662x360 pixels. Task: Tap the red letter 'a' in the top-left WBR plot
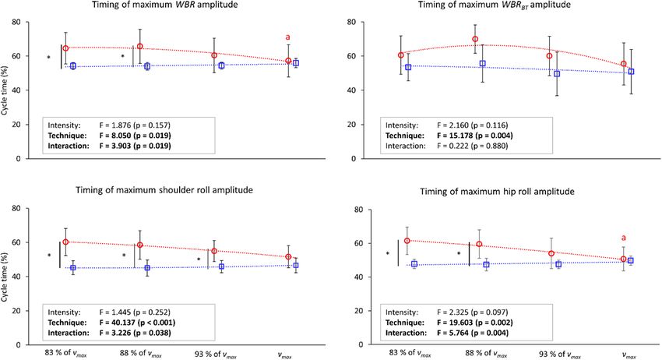pyautogui.click(x=288, y=37)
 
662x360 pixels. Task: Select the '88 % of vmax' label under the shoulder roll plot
pyautogui.click(x=139, y=353)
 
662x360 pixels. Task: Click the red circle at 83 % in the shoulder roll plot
pyautogui.click(x=65, y=242)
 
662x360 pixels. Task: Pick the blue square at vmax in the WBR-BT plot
pyautogui.click(x=631, y=72)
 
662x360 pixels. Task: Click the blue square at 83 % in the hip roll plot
pyautogui.click(x=414, y=264)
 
